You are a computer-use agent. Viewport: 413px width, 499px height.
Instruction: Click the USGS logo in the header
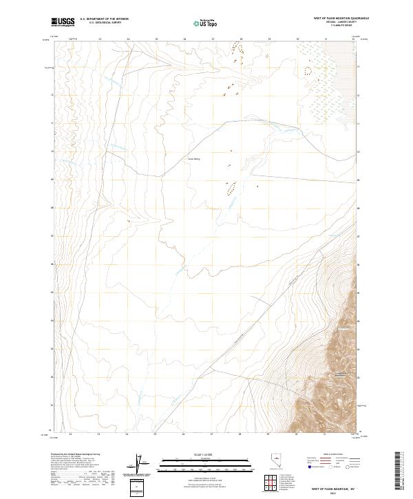pyautogui.click(x=63, y=23)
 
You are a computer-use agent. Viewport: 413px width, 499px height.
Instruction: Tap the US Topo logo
pyautogui.click(x=204, y=23)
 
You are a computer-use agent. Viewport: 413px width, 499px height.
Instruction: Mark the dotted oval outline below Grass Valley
pyautogui.click(x=231, y=187)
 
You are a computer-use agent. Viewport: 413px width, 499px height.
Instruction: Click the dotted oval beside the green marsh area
pyautogui.click(x=308, y=70)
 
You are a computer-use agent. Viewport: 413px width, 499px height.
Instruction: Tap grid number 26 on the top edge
pyautogui.click(x=184, y=39)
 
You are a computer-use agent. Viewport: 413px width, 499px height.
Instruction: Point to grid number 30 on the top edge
pyautogui.click(x=297, y=39)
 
